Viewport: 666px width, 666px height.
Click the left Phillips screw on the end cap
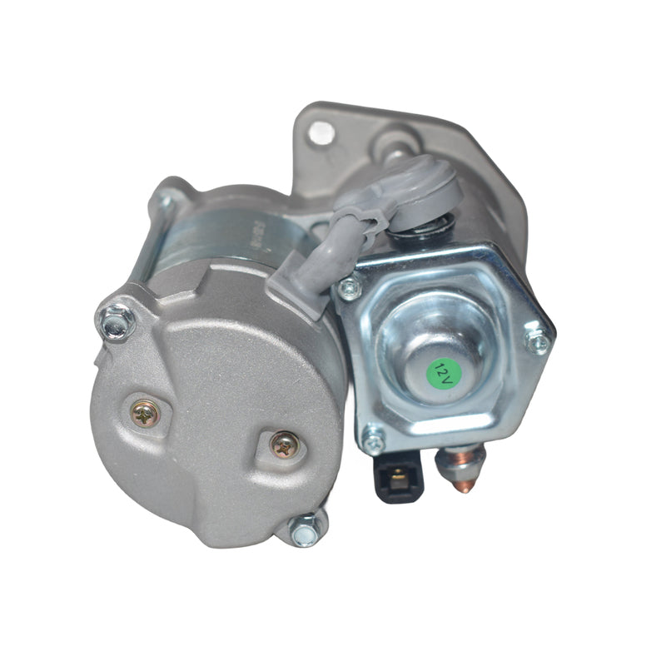click(146, 412)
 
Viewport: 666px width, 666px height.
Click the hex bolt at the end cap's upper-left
click(117, 321)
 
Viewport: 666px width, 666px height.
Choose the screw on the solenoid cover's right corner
click(538, 340)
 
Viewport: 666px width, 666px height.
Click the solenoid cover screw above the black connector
click(372, 440)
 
